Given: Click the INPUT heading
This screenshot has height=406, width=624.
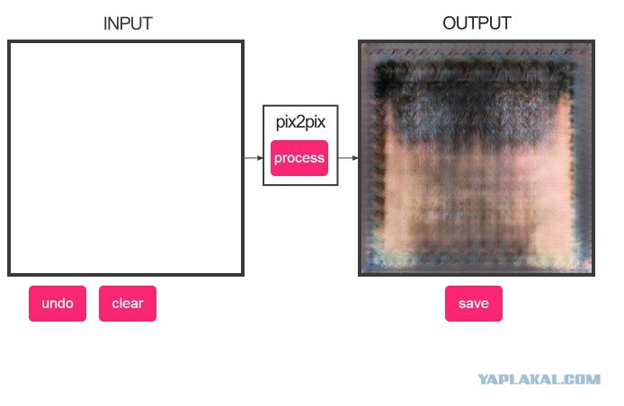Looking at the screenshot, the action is pos(128,23).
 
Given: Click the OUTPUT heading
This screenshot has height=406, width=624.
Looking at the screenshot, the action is pos(477,23).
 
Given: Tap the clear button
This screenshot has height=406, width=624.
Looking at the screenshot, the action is pos(128,304).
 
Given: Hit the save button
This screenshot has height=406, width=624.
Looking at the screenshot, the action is pos(474,304).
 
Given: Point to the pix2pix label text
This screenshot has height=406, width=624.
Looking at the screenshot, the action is pos(300,122).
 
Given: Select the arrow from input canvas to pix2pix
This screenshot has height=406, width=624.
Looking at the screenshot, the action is pos(254,158).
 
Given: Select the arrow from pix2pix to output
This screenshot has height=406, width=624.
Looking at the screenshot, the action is pos(348,158).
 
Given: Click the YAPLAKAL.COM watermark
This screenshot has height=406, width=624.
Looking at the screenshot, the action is pos(539,379).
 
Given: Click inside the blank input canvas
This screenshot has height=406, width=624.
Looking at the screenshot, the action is pos(126,158).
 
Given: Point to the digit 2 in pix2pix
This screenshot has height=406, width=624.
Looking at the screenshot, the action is pos(301,121).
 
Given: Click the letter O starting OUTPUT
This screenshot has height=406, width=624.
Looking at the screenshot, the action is pos(449,23).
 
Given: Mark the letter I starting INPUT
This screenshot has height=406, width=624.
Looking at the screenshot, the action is pos(105,24).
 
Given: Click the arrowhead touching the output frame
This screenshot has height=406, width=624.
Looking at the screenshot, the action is pos(355,158).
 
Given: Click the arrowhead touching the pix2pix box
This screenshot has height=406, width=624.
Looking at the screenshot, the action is pos(260,158).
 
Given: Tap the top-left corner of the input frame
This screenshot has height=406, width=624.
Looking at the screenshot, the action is pos(8,40).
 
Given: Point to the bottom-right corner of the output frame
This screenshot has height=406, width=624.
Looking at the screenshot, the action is pos(594,275).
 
